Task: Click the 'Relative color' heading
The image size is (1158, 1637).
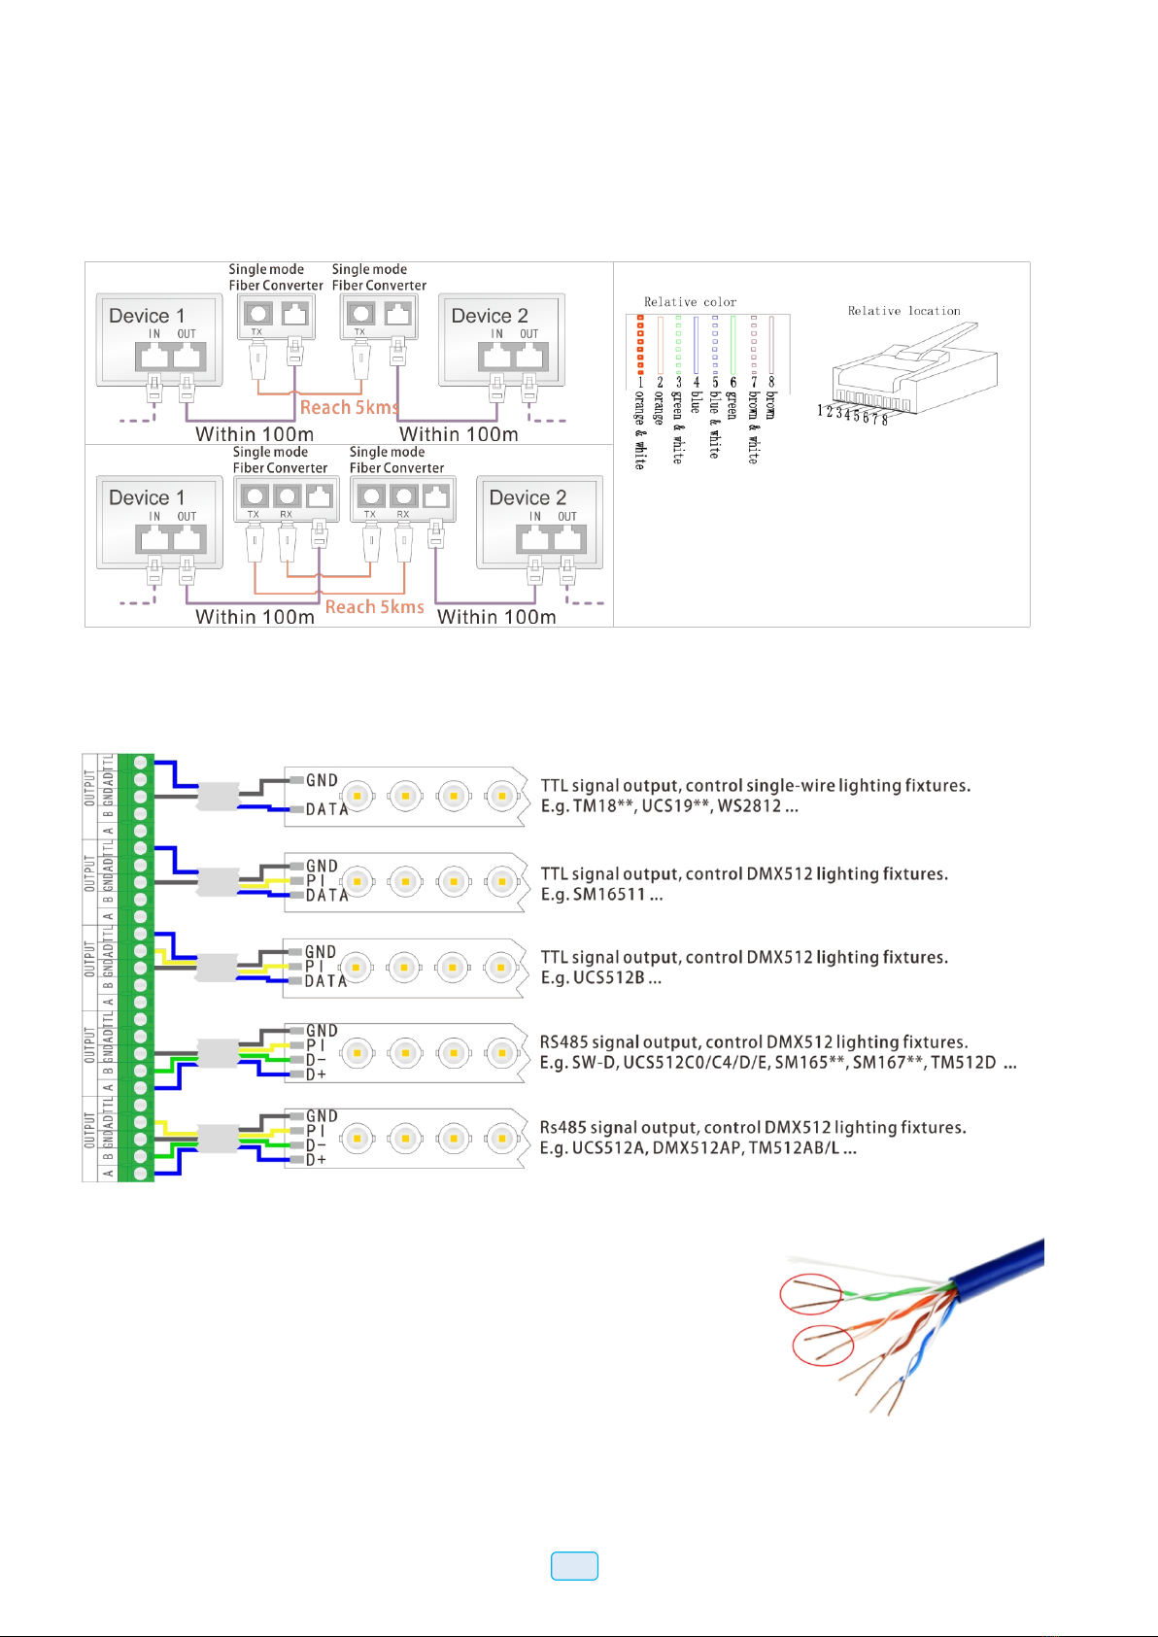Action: tap(690, 302)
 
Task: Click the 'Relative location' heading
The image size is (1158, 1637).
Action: tap(903, 311)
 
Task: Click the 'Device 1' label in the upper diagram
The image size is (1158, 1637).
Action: tap(147, 316)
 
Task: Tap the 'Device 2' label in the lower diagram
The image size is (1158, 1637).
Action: tap(528, 497)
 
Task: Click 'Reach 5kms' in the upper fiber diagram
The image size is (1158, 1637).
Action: tap(349, 408)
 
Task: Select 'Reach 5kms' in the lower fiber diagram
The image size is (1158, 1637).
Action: tap(374, 607)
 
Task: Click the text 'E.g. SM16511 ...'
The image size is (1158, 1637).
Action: tap(601, 895)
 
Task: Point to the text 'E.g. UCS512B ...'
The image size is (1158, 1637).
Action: tap(600, 978)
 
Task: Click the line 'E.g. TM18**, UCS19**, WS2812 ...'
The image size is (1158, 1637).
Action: tap(669, 806)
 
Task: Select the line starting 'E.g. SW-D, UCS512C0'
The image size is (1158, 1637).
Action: tap(778, 1063)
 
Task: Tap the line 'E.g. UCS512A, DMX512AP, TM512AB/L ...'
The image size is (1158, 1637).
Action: tap(698, 1148)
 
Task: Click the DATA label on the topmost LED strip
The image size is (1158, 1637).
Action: tap(326, 809)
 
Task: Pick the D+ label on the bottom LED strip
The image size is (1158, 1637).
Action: tap(316, 1159)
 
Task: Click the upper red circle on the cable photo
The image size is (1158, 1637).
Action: tap(811, 1294)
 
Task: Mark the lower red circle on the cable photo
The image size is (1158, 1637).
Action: tap(823, 1346)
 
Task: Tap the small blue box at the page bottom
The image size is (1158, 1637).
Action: tap(574, 1565)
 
